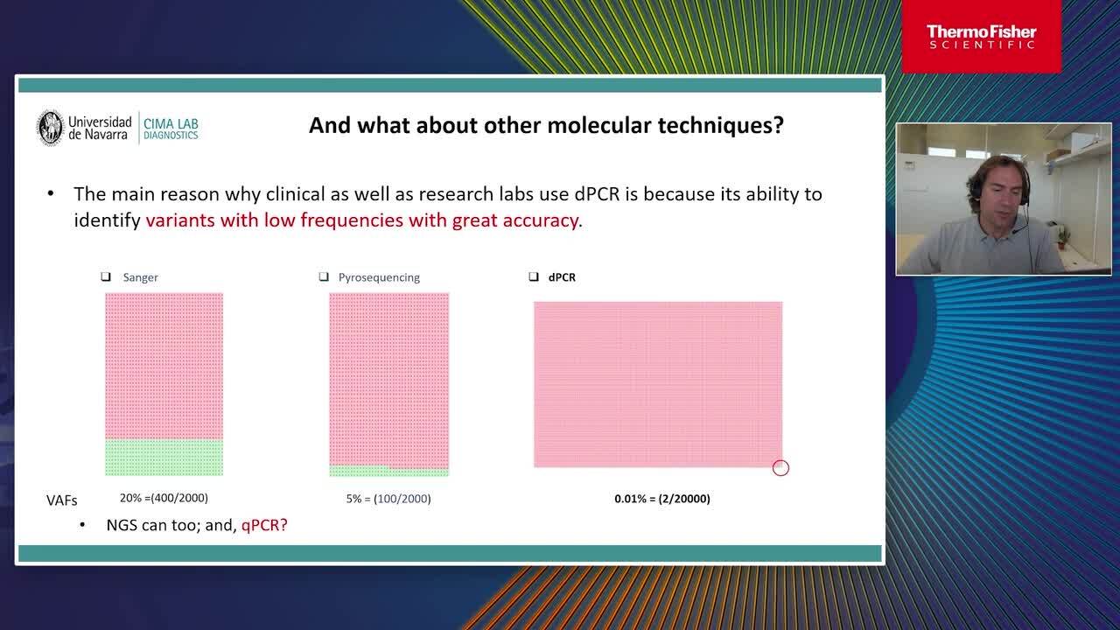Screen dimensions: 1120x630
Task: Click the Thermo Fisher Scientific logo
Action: pyautogui.click(x=981, y=36)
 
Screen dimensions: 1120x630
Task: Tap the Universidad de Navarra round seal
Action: pyautogui.click(x=51, y=128)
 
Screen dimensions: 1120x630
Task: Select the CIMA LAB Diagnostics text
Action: pyautogui.click(x=171, y=129)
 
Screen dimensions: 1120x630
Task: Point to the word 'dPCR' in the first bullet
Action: pyautogui.click(x=597, y=194)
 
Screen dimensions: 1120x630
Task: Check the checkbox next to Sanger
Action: pyautogui.click(x=106, y=276)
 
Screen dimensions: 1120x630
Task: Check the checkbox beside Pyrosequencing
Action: pyautogui.click(x=324, y=276)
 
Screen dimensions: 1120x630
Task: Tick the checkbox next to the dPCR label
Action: pyautogui.click(x=534, y=276)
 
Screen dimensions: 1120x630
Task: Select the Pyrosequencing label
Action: pyautogui.click(x=379, y=277)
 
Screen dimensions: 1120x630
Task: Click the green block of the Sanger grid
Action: pyautogui.click(x=164, y=457)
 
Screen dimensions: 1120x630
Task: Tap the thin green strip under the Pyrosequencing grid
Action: pyautogui.click(x=389, y=471)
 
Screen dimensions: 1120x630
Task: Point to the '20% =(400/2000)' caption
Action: pyautogui.click(x=164, y=498)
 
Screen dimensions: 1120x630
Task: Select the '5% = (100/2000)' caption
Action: pyautogui.click(x=388, y=499)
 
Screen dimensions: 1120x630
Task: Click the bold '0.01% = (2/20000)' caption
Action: pyautogui.click(x=662, y=499)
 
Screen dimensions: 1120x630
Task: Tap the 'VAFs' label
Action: pyautogui.click(x=61, y=500)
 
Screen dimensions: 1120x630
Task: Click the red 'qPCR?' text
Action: pyautogui.click(x=264, y=526)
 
